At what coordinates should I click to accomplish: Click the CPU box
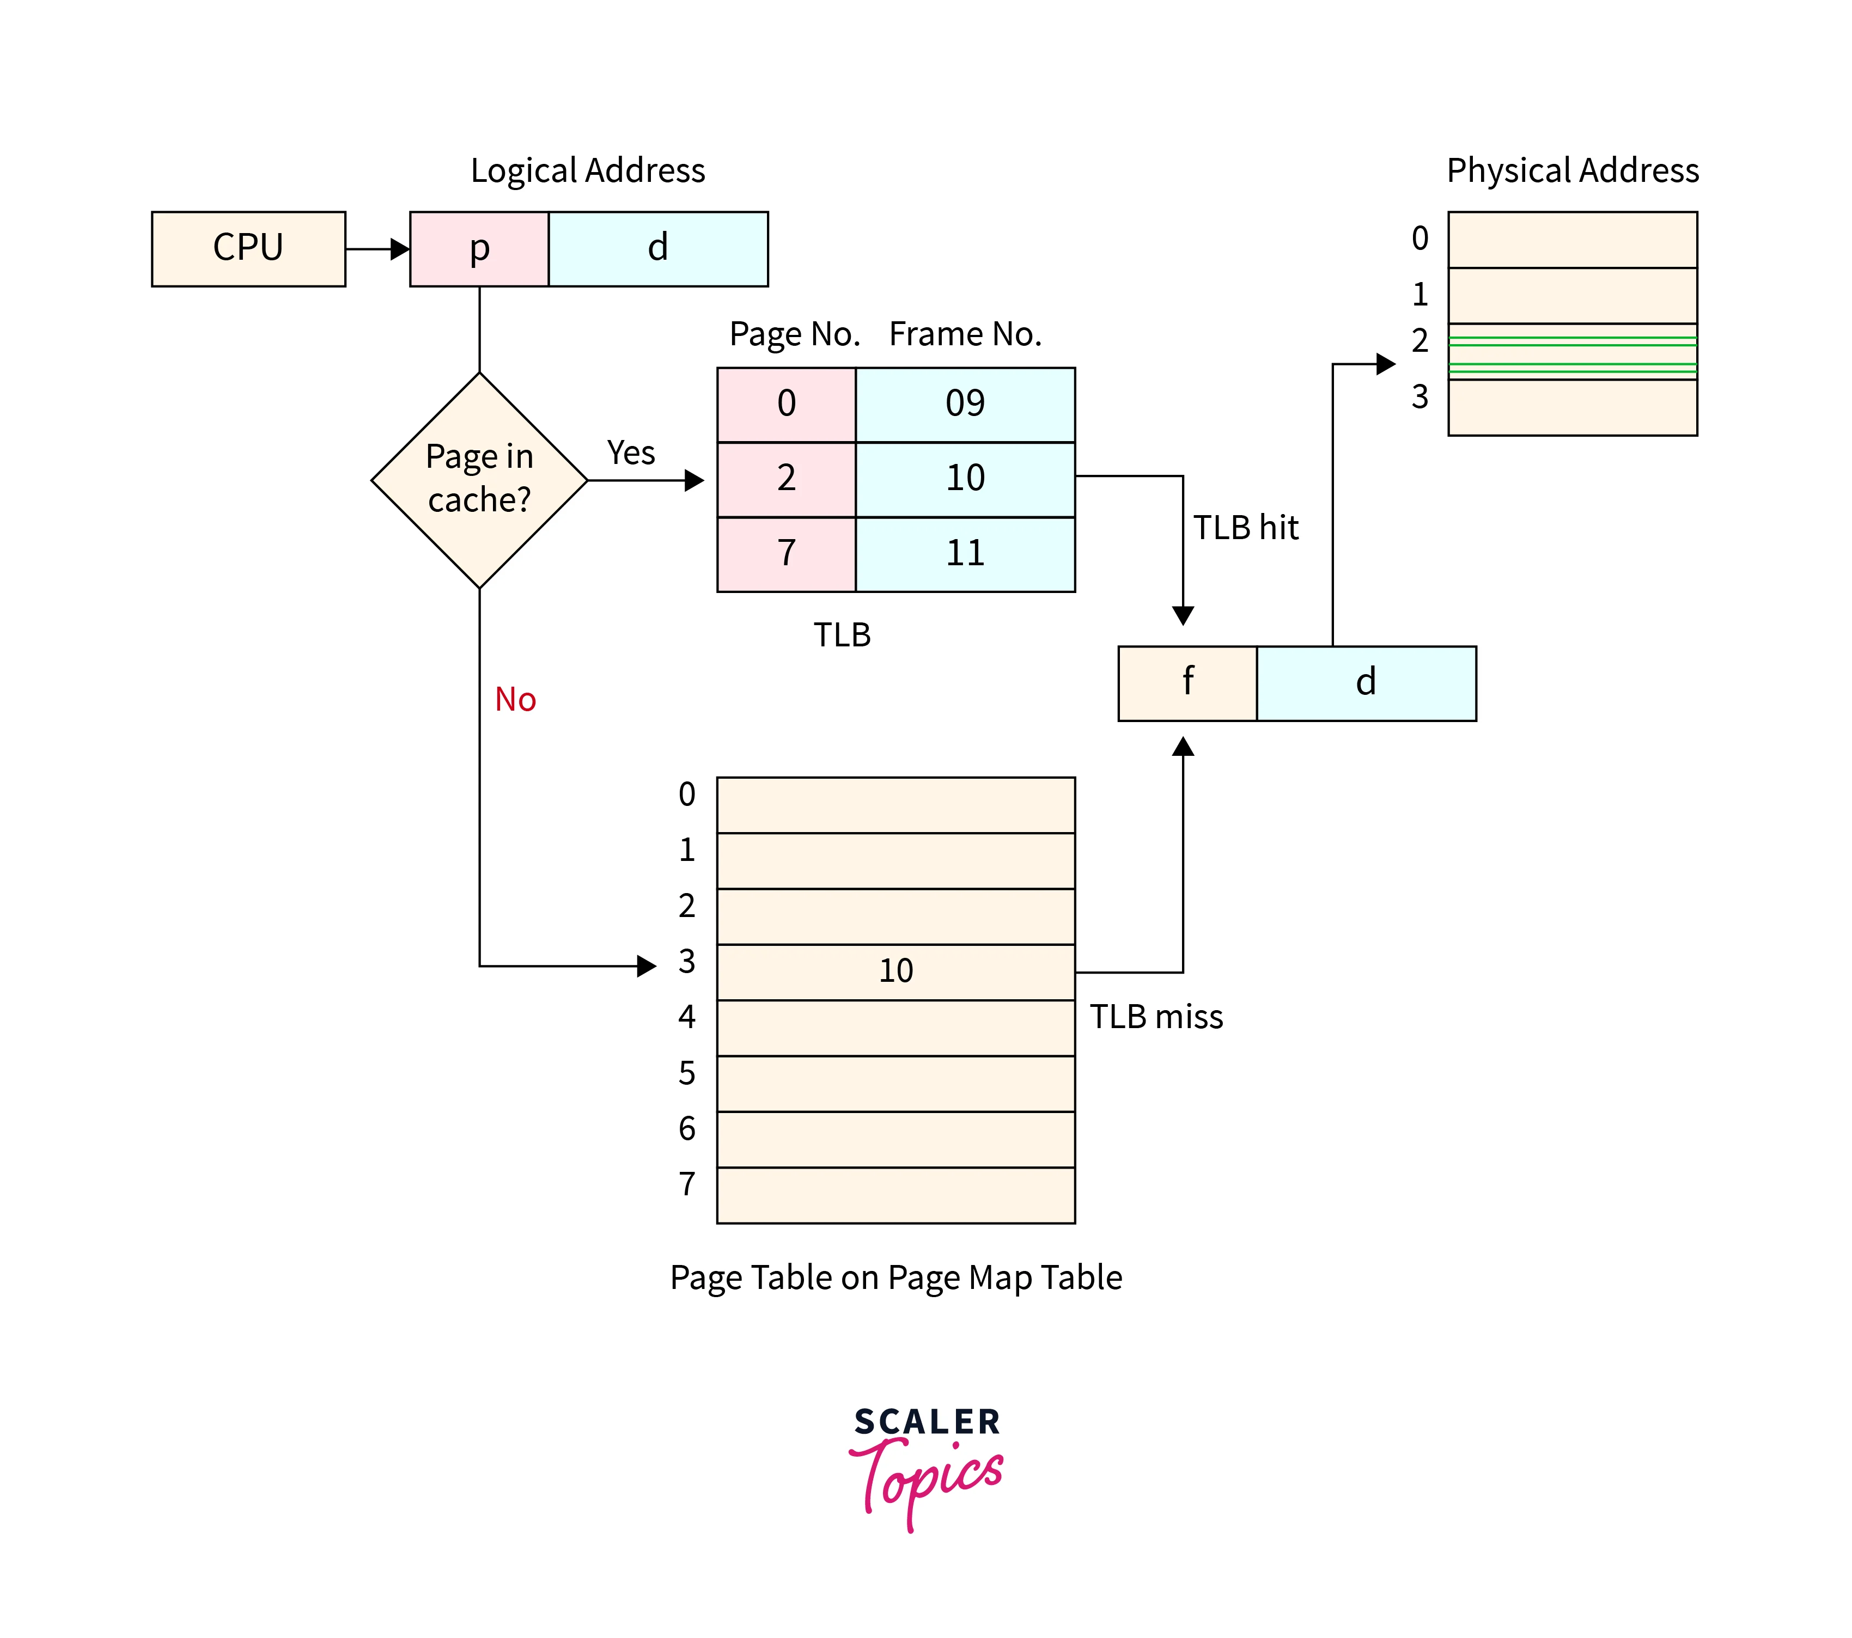pyautogui.click(x=248, y=249)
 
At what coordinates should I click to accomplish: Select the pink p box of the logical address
pyautogui.click(x=479, y=249)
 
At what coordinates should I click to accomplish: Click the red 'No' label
pyautogui.click(x=515, y=699)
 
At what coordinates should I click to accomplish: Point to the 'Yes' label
pyautogui.click(x=631, y=452)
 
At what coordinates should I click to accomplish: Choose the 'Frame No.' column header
pyautogui.click(x=965, y=334)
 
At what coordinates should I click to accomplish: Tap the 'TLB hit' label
pyautogui.click(x=1246, y=527)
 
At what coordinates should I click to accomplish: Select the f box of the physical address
pyautogui.click(x=1188, y=683)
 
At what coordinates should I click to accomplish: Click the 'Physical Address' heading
pyautogui.click(x=1572, y=170)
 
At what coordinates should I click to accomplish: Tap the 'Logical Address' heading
pyautogui.click(x=587, y=170)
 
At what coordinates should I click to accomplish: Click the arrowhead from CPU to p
pyautogui.click(x=400, y=249)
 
